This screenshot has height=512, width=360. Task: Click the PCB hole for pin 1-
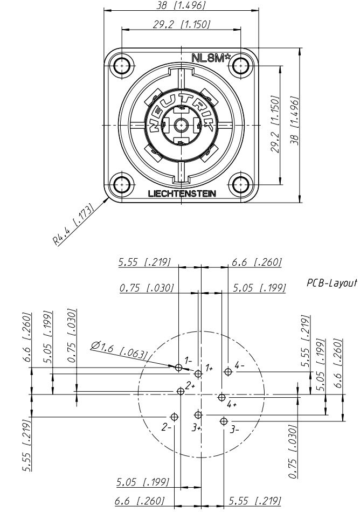pos(179,368)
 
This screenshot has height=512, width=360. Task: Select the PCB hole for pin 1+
pos(198,373)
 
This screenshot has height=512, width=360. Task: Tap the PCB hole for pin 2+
pos(181,391)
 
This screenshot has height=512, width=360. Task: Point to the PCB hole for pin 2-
pos(174,417)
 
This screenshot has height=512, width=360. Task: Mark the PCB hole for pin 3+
pos(198,414)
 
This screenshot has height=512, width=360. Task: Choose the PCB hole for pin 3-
pos(224,420)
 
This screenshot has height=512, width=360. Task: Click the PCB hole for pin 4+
pos(221,397)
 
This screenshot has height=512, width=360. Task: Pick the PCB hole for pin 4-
pos(229,371)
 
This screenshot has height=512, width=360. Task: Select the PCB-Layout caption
pos(332,283)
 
